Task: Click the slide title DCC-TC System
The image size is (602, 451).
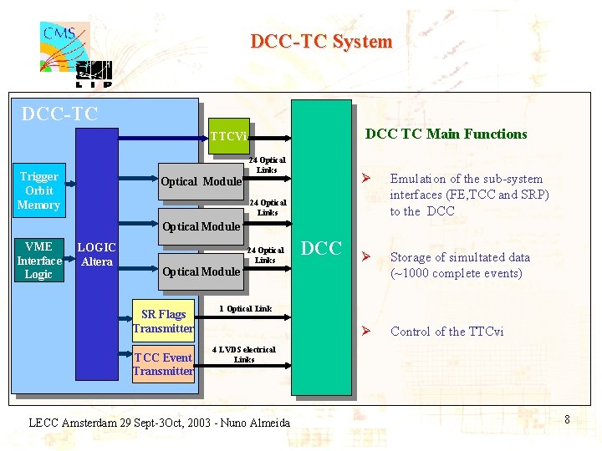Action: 321,42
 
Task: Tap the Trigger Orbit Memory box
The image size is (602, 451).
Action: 38,190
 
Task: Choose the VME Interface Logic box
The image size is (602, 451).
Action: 39,260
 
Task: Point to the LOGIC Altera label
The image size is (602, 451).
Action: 96,254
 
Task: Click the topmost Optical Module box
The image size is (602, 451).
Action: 201,181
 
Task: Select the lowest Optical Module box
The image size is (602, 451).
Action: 201,271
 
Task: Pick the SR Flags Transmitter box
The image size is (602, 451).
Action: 163,321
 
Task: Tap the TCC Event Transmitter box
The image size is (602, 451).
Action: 163,364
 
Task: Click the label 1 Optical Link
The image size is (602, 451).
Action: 244,309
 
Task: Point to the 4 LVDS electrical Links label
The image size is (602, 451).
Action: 243,354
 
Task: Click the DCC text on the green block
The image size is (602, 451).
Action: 321,248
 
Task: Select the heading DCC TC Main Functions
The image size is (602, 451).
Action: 446,134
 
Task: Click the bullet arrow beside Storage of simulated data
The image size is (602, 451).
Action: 365,257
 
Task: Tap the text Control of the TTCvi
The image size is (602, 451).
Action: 447,332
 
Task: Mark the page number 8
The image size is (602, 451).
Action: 567,419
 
